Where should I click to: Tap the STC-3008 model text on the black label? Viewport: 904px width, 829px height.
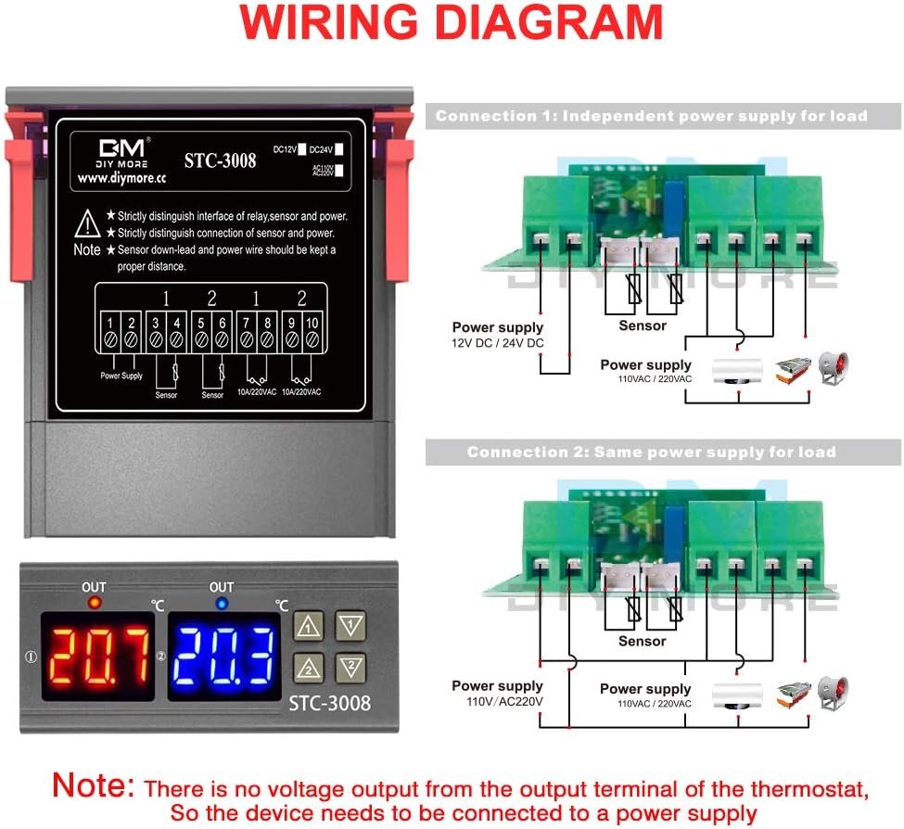[220, 160]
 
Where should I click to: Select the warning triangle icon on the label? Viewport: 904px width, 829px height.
[87, 223]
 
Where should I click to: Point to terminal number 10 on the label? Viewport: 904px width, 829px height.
[312, 323]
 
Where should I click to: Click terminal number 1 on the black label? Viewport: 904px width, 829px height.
[109, 323]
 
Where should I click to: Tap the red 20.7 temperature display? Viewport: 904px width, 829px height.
[97, 655]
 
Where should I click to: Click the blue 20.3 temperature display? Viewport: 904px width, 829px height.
[226, 655]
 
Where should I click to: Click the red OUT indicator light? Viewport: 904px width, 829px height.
[94, 604]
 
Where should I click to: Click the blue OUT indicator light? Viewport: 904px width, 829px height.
[221, 604]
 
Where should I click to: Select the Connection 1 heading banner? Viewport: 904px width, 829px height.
[651, 116]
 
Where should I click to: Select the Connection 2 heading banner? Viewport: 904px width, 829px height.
[651, 453]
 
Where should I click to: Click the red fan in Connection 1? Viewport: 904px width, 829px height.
[834, 367]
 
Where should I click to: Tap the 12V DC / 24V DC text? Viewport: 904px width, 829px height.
[497, 343]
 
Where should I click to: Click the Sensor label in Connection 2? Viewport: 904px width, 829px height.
[642, 641]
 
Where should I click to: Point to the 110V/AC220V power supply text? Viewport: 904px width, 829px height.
[504, 702]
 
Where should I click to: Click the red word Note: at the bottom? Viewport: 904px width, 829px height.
[94, 786]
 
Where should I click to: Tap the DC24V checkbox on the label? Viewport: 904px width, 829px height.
[340, 148]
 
